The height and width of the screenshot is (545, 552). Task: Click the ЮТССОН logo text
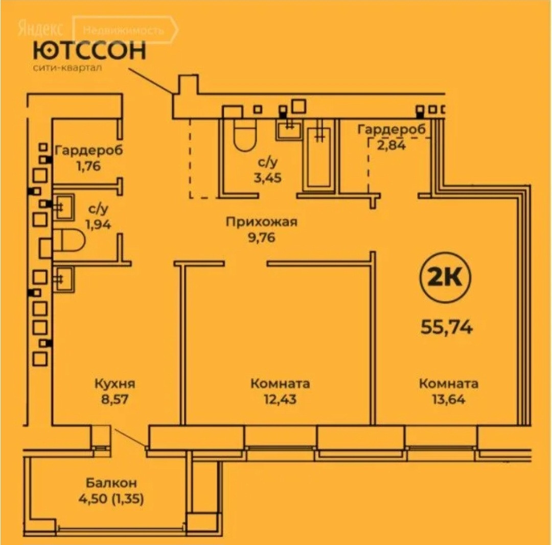coord(89,51)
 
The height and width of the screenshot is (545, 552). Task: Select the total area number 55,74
coord(446,326)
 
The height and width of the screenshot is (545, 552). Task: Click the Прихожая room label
coord(262,222)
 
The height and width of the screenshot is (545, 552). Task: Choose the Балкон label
coord(111,483)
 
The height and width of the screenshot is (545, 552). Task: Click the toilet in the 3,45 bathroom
coord(244,135)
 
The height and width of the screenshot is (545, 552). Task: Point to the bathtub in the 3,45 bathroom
coord(319,156)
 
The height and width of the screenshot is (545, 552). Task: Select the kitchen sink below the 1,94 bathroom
coord(64,278)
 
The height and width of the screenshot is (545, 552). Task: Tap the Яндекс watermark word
coord(41,29)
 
